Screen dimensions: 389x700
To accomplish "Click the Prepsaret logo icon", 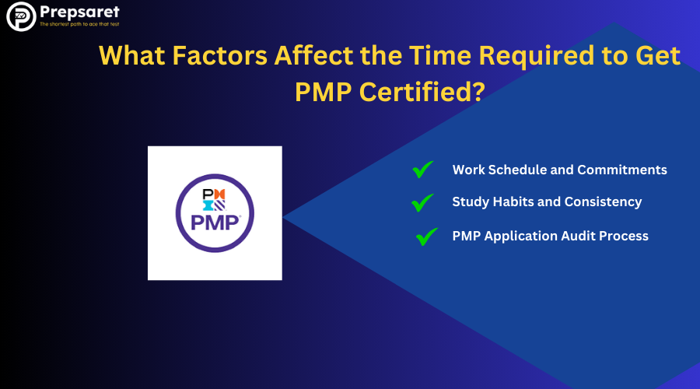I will pyautogui.click(x=21, y=16).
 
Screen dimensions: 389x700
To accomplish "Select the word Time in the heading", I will pyautogui.click(x=439, y=57).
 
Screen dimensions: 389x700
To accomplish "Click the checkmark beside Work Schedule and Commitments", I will pyautogui.click(x=423, y=169).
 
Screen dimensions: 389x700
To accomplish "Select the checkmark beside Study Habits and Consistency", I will pyautogui.click(x=422, y=202).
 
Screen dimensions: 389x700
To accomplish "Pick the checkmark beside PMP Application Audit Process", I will pyautogui.click(x=426, y=237).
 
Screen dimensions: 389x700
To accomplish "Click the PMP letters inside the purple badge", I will pyautogui.click(x=214, y=222).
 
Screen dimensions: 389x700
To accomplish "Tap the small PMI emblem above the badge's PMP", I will pyautogui.click(x=214, y=198).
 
